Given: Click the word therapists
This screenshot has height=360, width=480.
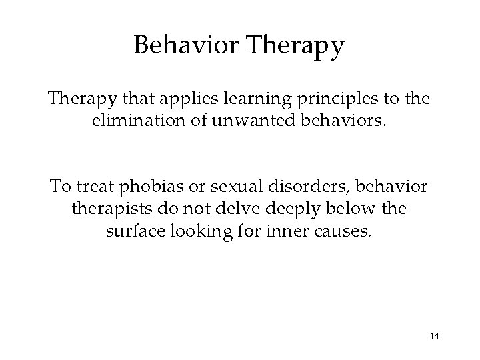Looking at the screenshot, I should coord(111,208).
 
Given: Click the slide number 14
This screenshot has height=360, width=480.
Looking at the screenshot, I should coord(434,335).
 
